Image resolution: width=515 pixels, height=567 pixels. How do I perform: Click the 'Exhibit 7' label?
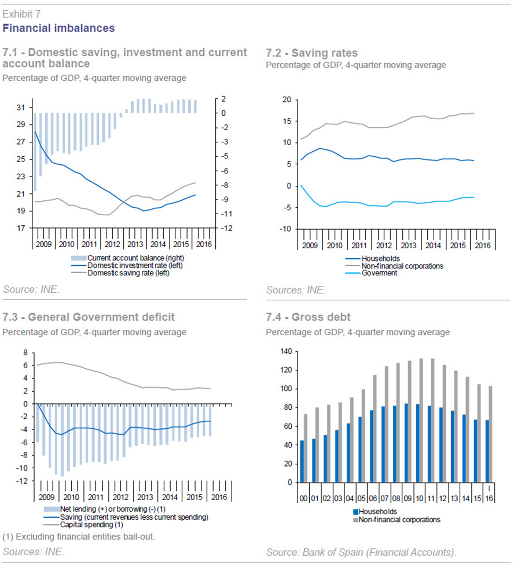pos(21,14)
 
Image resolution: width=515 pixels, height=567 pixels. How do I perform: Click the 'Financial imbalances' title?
pos(58,28)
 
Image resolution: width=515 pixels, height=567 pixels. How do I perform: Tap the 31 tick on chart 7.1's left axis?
pos(21,107)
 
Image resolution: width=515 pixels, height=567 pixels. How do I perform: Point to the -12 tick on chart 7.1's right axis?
pos(226,228)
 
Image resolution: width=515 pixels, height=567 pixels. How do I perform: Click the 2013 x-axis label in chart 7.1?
pos(135,244)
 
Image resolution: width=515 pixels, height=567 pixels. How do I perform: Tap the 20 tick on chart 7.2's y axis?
pos(287,99)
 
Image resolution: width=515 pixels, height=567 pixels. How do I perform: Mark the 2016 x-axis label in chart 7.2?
pos(483,245)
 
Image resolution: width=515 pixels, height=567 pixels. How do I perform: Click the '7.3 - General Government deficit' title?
pos(89,317)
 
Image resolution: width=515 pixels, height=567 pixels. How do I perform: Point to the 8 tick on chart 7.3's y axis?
pos(26,352)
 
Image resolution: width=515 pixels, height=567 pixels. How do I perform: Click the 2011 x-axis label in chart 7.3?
pos(96,497)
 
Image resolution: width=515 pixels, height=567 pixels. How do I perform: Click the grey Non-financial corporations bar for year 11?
pos(433,420)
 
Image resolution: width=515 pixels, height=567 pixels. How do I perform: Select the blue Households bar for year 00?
pos(302,461)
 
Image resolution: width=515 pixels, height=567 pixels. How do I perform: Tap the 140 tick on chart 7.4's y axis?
pos(286,351)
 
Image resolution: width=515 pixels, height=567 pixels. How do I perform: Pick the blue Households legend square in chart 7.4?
pos(356,512)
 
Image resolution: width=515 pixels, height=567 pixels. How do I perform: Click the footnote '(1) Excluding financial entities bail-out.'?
pos(79,537)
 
